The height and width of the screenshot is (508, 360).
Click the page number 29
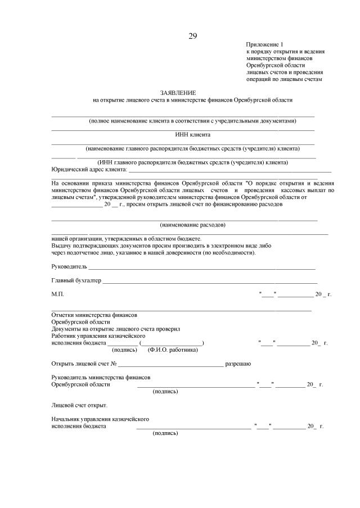(x=192, y=37)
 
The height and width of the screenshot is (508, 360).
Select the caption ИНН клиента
(x=192, y=135)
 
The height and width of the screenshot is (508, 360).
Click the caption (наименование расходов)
(x=192, y=225)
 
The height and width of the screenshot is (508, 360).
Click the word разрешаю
(x=238, y=364)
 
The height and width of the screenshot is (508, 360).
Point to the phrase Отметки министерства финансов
(x=94, y=315)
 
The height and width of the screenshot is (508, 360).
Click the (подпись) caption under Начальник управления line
(x=165, y=433)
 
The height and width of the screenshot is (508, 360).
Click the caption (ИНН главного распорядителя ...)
(x=192, y=162)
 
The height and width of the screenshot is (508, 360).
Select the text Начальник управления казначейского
(x=100, y=419)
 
